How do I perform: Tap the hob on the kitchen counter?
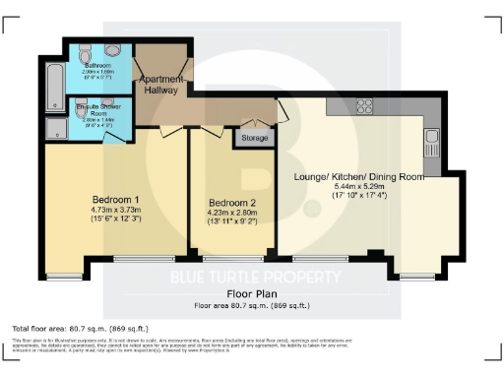pyautogui.click(x=365, y=105)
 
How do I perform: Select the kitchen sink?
pyautogui.click(x=430, y=147)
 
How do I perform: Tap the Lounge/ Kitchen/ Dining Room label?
pyautogui.click(x=357, y=177)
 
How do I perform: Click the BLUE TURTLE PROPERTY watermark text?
pyautogui.click(x=252, y=276)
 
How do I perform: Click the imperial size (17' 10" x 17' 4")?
pyautogui.click(x=357, y=197)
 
